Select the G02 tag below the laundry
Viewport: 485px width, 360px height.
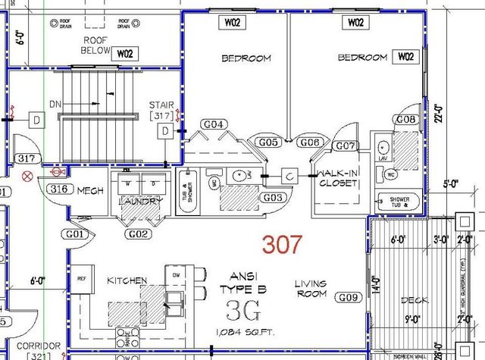[x=138, y=234]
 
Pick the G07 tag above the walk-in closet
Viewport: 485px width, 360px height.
[x=346, y=145]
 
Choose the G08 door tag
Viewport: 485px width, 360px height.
[x=406, y=120]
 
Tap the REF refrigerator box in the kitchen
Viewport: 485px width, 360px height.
[x=83, y=279]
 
